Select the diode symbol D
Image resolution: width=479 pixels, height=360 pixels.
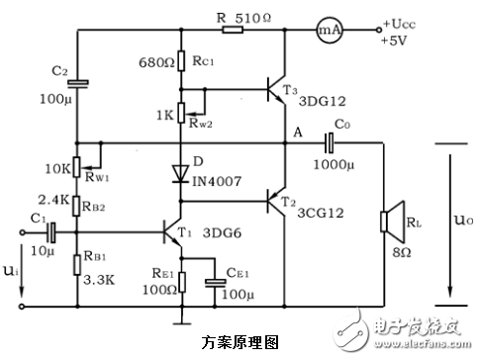[x=180, y=174]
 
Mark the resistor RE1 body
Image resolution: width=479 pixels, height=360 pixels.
[x=180, y=282]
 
